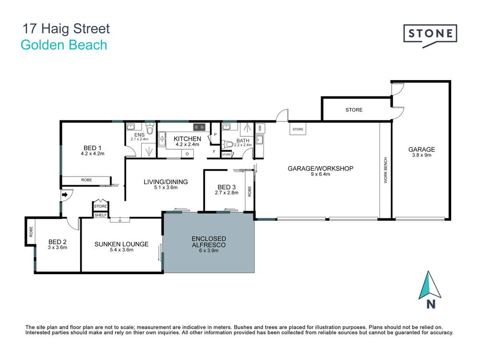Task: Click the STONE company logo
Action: click(x=430, y=34)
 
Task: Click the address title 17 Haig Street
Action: click(x=66, y=29)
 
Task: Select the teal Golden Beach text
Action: click(x=64, y=46)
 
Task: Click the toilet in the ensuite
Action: click(x=150, y=130)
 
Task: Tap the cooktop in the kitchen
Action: click(x=199, y=127)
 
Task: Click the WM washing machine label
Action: click(x=260, y=128)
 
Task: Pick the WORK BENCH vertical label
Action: click(x=385, y=170)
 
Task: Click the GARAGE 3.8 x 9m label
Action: click(x=421, y=152)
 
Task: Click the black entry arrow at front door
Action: click(x=64, y=195)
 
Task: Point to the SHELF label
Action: click(x=100, y=215)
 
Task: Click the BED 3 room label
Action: click(x=227, y=190)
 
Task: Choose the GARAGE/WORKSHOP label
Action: click(x=320, y=171)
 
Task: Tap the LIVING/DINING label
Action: click(x=166, y=184)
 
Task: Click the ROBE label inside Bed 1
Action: click(x=86, y=180)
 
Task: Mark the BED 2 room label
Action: click(x=58, y=245)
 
